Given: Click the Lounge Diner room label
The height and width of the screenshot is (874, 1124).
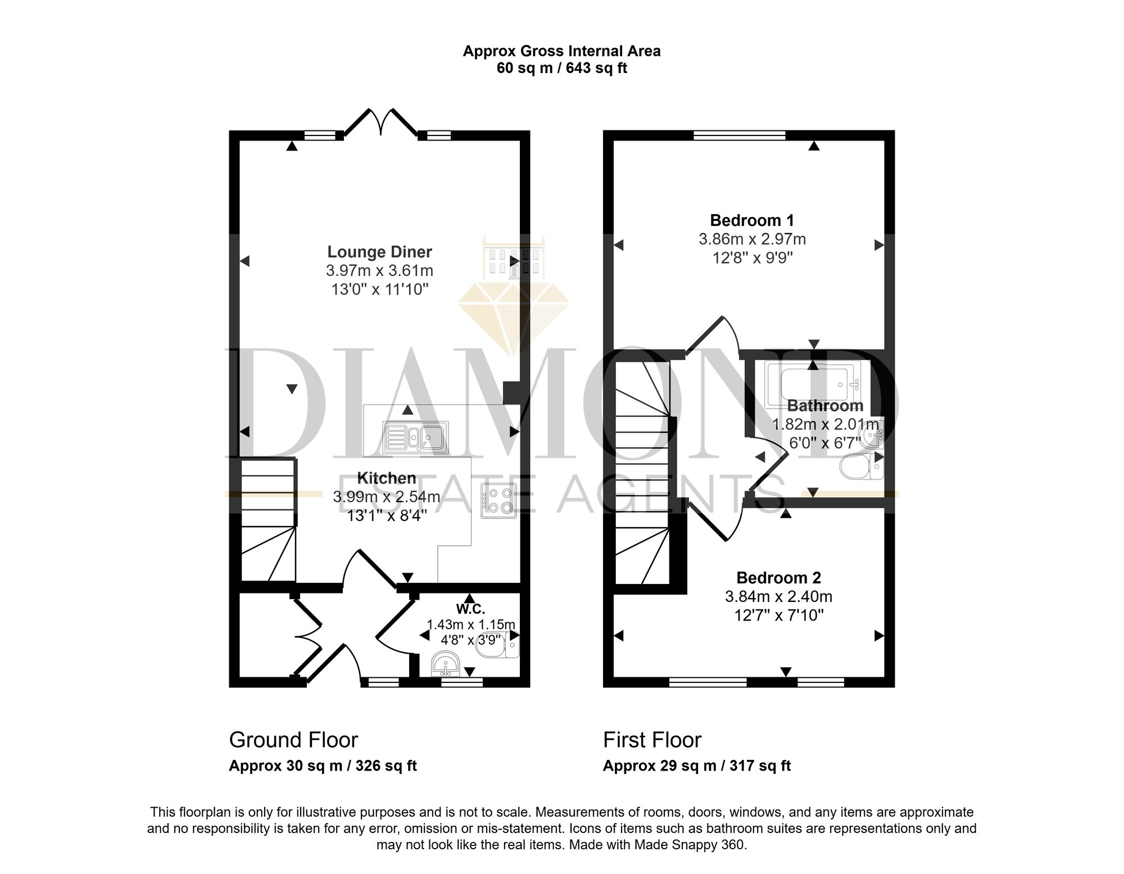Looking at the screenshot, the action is [x=380, y=252].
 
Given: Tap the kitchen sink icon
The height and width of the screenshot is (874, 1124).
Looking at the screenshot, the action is [x=415, y=438].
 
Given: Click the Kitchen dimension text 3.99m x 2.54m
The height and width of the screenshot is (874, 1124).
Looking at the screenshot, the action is [x=387, y=497].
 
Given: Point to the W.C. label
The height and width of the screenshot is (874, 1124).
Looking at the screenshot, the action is [x=470, y=608].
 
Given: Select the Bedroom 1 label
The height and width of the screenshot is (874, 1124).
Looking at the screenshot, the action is [x=752, y=220].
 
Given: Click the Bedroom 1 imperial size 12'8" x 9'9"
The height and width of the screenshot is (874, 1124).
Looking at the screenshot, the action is [x=752, y=258].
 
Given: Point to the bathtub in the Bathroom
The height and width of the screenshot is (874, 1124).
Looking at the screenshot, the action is [x=814, y=385].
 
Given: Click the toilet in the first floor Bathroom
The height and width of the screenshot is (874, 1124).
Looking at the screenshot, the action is [x=862, y=466].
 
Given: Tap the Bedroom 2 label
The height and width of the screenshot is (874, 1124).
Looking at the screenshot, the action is [x=779, y=577].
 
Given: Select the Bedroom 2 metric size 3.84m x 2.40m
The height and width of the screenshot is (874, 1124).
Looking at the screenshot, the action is [x=779, y=596].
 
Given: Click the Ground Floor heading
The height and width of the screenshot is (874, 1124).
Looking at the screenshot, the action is [x=293, y=740].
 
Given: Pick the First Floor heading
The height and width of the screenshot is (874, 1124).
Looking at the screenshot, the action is [x=652, y=740].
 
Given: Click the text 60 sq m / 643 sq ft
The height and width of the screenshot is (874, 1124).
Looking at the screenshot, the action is [x=562, y=68].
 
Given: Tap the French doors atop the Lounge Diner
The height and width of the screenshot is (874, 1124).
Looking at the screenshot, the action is [x=381, y=123].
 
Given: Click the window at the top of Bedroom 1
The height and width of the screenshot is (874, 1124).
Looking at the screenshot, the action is [x=740, y=135].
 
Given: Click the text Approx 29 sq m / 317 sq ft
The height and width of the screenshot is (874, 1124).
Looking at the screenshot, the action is [x=697, y=766].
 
